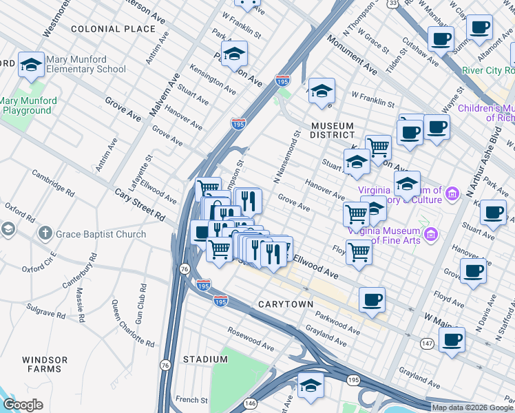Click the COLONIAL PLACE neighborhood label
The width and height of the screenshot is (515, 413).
[113, 29]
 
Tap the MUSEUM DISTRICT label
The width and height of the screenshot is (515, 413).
[332, 131]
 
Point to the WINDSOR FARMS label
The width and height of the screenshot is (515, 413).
[45, 365]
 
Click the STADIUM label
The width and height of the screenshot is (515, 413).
[206, 359]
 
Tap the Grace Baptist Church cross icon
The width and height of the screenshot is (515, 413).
[45, 234]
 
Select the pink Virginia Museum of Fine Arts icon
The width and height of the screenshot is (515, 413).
[431, 235]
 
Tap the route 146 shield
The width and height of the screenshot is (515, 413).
[251, 403]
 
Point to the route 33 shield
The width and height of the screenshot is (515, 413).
[392, 3]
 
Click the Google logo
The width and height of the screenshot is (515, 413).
[23, 405]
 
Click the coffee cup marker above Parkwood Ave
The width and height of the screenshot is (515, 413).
[372, 299]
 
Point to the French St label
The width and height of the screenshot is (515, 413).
[191, 400]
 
